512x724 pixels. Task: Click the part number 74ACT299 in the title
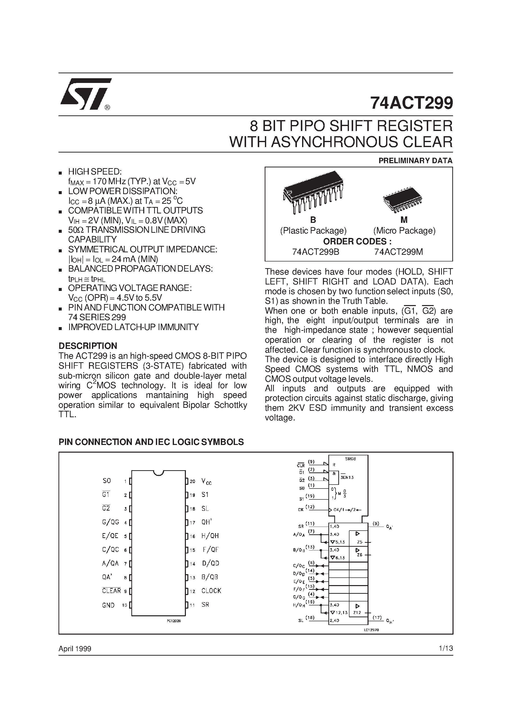tap(411, 103)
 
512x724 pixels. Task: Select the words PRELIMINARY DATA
tap(415, 160)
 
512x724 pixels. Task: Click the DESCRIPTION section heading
tap(88, 346)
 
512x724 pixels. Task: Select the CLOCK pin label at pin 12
tap(211, 591)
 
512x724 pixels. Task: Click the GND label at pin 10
tap(108, 605)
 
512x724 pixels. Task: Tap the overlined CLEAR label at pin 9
tap(112, 591)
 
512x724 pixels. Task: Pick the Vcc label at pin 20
tap(206, 482)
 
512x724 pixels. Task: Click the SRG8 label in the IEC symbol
tap(350, 459)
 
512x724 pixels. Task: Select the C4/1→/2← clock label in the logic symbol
tap(347, 510)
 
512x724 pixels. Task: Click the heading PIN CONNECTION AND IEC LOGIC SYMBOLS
tap(151, 442)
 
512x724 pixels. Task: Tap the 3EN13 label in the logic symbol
tap(347, 477)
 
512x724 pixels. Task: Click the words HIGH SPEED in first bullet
tap(95, 172)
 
